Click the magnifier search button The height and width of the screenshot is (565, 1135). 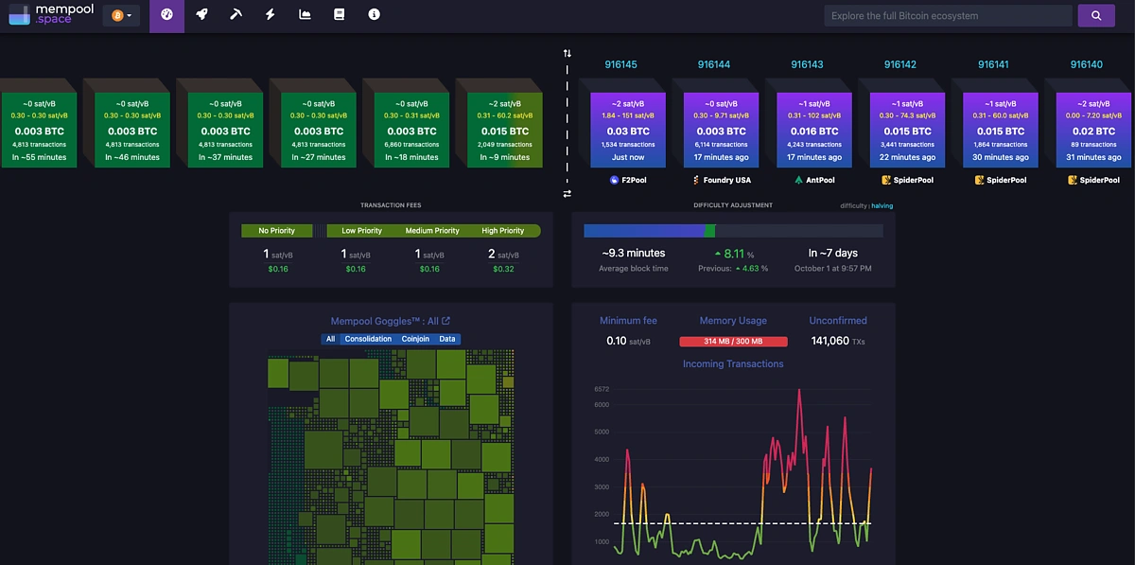1095,16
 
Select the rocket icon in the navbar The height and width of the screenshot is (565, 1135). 201,15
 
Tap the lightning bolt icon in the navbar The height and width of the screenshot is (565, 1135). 271,15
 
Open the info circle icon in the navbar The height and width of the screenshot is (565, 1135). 375,15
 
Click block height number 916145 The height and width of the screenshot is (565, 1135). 620,64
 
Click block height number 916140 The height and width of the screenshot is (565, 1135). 1086,64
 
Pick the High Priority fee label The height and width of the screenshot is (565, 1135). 503,231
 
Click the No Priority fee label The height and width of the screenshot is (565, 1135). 276,231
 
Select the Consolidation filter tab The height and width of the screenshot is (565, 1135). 368,339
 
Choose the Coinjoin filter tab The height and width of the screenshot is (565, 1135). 415,339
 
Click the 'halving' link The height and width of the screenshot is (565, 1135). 882,205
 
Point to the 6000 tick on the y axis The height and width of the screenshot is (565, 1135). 602,404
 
